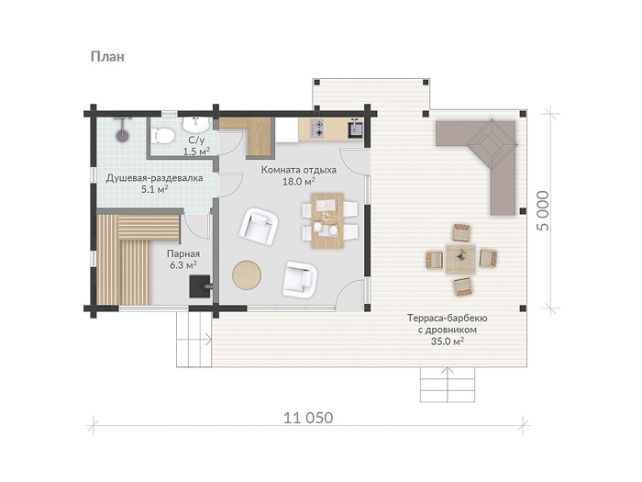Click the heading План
107,56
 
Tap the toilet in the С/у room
162,135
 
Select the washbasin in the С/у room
195,123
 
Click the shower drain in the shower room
122,135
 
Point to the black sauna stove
199,286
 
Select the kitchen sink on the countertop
355,129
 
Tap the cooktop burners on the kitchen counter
317,128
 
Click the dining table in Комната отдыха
327,220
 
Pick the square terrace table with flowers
461,259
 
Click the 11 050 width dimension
308,418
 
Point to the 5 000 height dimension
544,210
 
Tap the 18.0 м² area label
299,182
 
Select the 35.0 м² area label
448,341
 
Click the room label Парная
183,253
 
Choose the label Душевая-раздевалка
155,179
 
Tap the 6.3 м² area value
183,265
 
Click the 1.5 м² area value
196,151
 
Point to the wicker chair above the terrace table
461,232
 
